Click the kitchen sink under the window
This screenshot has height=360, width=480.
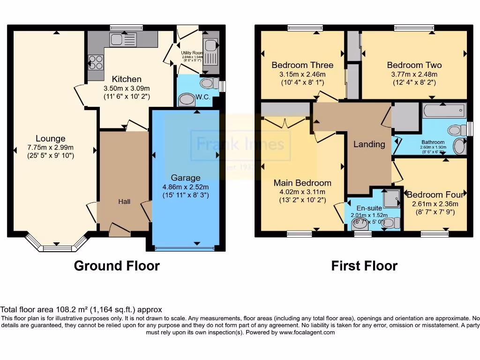(x=123, y=40)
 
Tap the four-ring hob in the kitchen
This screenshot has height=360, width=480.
(x=96, y=62)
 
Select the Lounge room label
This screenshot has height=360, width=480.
(x=51, y=138)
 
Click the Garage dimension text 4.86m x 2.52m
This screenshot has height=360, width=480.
(x=186, y=187)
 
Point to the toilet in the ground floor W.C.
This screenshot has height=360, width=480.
(x=207, y=84)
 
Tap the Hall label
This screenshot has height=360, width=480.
(x=124, y=202)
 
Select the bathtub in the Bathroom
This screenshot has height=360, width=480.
(x=443, y=112)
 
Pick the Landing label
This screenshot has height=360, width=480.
(x=369, y=144)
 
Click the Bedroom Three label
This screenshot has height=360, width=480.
(x=302, y=65)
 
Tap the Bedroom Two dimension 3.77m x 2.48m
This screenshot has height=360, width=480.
(x=414, y=74)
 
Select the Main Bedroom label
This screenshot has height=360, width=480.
(x=302, y=183)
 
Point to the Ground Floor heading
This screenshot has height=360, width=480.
(x=117, y=266)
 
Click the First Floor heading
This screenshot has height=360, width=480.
(x=364, y=266)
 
